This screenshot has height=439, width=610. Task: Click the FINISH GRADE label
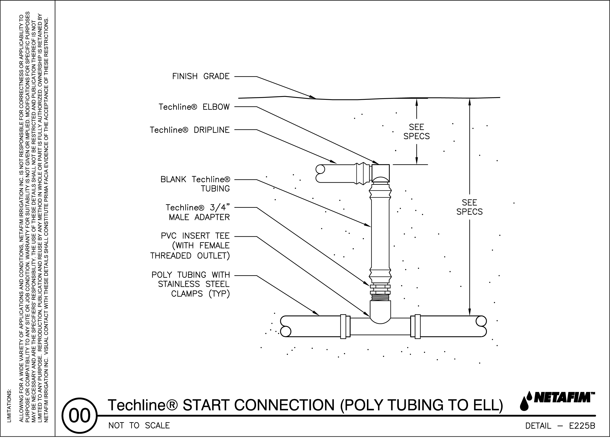click(201, 76)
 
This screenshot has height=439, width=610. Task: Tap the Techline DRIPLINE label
click(190, 130)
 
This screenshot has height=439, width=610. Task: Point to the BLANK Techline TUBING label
click(195, 184)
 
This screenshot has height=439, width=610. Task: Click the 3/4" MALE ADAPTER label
click(198, 212)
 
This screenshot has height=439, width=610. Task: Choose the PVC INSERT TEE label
click(190, 246)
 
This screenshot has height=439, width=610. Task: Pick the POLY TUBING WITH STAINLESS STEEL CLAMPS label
click(191, 284)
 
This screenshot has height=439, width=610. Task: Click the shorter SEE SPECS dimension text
click(416, 132)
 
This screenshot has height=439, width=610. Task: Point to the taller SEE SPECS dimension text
click(469, 207)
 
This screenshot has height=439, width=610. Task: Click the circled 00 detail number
click(80, 416)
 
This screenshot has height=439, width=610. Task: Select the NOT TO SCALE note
click(139, 426)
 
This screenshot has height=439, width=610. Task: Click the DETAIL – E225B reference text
click(560, 426)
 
